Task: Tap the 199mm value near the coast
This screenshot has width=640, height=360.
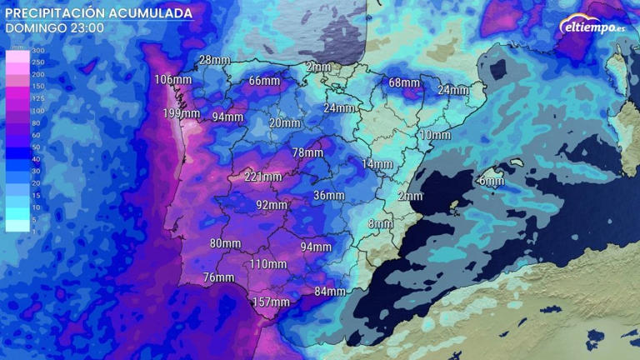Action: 181,113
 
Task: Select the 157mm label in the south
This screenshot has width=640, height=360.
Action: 271,302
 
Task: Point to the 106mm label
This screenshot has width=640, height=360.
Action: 173,80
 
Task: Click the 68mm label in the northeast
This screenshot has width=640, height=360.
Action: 404,82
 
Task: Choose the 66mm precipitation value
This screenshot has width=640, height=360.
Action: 264,81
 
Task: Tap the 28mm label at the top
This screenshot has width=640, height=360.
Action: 214,60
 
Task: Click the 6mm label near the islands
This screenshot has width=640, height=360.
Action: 491,181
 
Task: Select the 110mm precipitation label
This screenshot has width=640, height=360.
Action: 267,264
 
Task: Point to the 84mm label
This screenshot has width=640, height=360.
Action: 330,292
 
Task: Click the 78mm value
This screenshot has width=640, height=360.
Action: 307,152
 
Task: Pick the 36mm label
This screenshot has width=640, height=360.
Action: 328,195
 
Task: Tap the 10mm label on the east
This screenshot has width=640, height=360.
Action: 435,135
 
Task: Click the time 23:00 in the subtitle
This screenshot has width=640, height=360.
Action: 87,27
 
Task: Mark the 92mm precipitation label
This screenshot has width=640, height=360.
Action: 272,205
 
